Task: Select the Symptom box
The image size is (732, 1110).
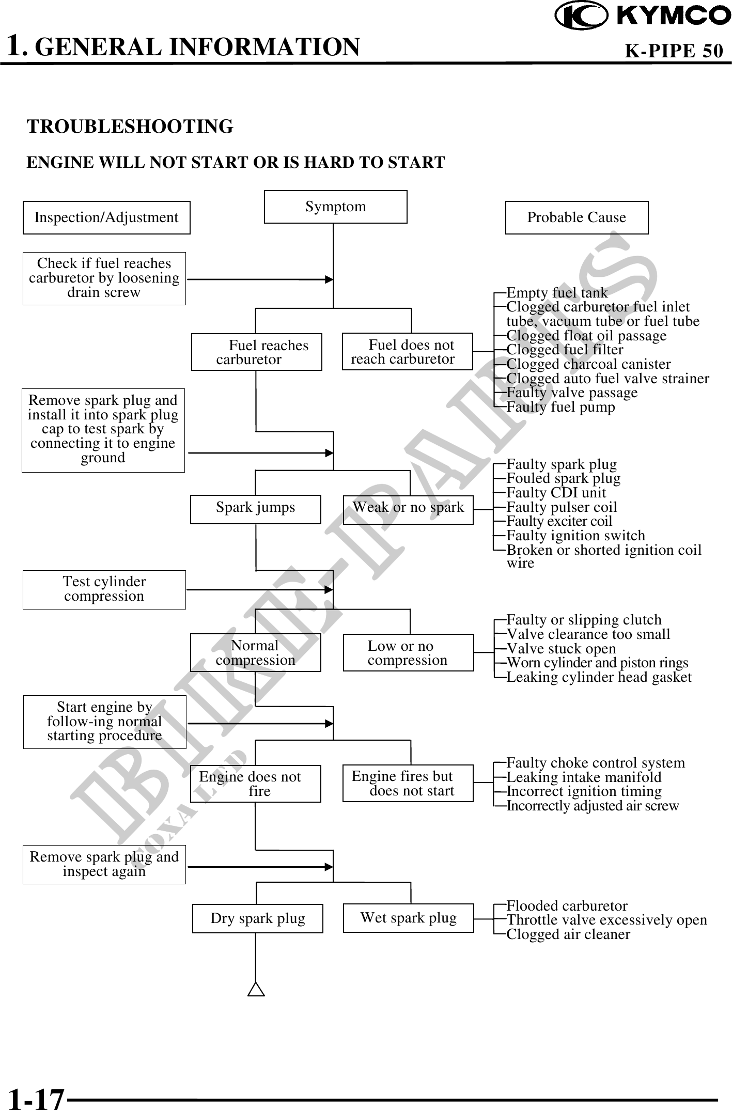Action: (x=335, y=207)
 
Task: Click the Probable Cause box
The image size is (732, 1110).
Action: (x=577, y=217)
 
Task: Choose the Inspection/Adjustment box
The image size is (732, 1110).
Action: (x=106, y=217)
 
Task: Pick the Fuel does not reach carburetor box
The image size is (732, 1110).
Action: (x=407, y=352)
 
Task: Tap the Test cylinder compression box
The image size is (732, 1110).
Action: (x=104, y=589)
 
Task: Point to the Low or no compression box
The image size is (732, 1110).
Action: (x=408, y=652)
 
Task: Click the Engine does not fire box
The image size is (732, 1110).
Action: (x=256, y=784)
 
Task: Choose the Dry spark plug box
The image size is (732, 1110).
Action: (x=257, y=918)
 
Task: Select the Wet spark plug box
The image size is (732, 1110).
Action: (x=408, y=918)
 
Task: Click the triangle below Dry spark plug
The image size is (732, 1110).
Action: (x=256, y=989)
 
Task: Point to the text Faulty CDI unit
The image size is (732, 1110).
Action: (x=556, y=493)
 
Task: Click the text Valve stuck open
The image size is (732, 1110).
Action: (x=561, y=649)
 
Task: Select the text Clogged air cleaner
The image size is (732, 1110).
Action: (x=568, y=934)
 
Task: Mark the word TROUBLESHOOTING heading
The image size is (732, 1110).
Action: (x=130, y=127)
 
